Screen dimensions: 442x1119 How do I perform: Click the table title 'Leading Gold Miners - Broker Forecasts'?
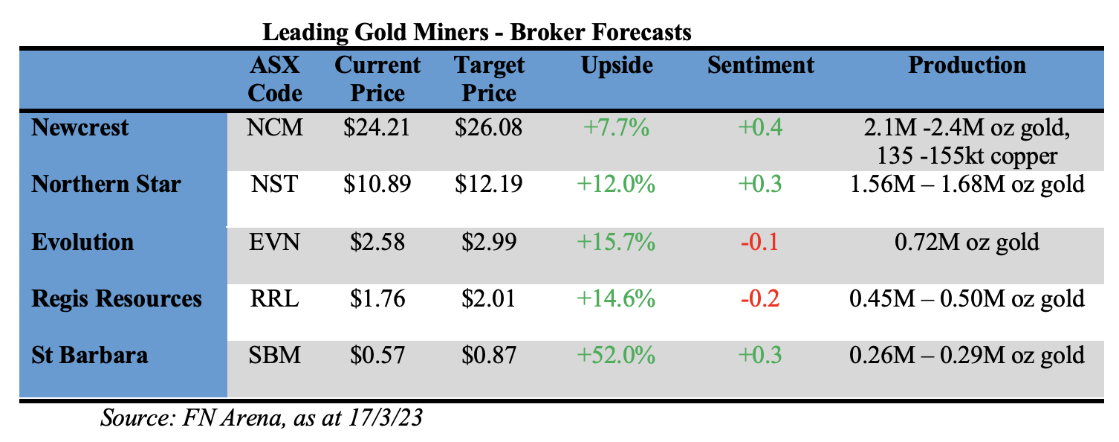(x=478, y=33)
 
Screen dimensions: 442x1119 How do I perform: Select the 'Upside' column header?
(x=616, y=65)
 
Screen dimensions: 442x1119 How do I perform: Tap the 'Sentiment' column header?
(x=760, y=65)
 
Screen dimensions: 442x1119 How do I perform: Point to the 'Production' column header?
(x=967, y=65)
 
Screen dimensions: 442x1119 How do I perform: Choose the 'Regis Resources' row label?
(x=117, y=299)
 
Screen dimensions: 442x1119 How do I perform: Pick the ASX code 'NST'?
(x=275, y=185)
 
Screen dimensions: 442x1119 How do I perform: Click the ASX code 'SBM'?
(x=275, y=356)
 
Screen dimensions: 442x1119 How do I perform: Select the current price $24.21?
(x=377, y=128)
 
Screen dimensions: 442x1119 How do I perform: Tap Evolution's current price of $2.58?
(x=377, y=242)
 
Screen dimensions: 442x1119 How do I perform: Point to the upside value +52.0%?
(x=616, y=356)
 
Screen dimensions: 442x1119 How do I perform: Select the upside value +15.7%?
(x=616, y=242)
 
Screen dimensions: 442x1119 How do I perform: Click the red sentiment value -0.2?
(x=760, y=299)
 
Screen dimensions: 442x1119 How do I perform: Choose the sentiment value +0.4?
(x=760, y=128)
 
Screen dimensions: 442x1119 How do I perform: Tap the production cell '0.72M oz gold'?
(x=967, y=242)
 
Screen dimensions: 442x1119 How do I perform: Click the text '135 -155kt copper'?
(x=967, y=156)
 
